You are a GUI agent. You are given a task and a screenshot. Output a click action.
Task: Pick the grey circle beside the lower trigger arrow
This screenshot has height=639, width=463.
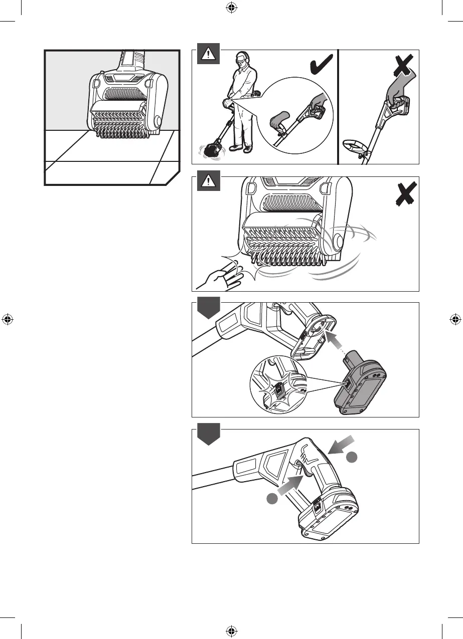[272, 498]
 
